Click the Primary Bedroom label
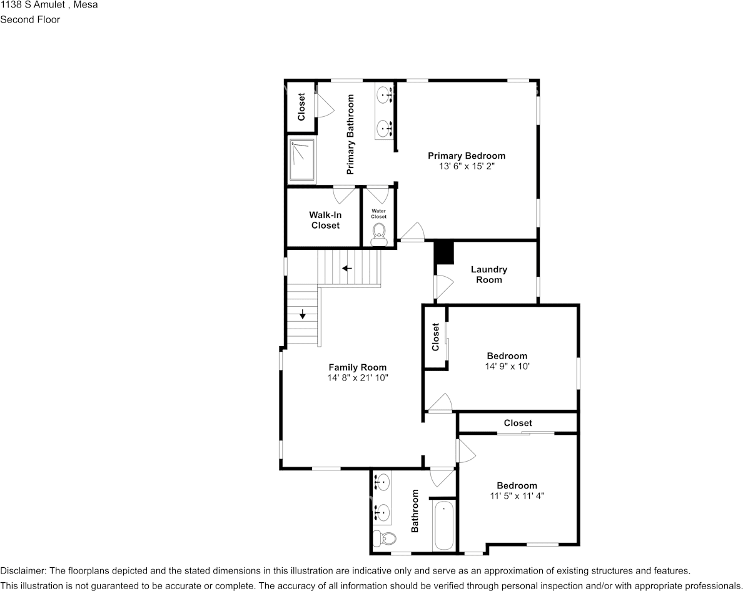(x=467, y=156)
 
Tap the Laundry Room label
(x=488, y=274)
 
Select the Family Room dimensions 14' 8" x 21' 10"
(x=357, y=377)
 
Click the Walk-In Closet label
(x=325, y=220)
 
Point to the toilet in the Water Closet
(x=378, y=235)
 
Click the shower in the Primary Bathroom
(x=302, y=160)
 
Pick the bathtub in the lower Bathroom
(x=443, y=525)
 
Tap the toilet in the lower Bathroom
(x=385, y=538)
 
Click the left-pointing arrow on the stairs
(x=347, y=268)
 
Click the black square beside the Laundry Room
(x=445, y=253)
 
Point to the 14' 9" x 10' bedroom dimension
(x=507, y=366)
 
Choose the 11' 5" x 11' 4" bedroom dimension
(x=517, y=496)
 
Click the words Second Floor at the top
(x=30, y=19)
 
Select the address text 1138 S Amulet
(x=33, y=5)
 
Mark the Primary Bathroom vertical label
(x=351, y=134)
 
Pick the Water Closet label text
(x=378, y=214)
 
